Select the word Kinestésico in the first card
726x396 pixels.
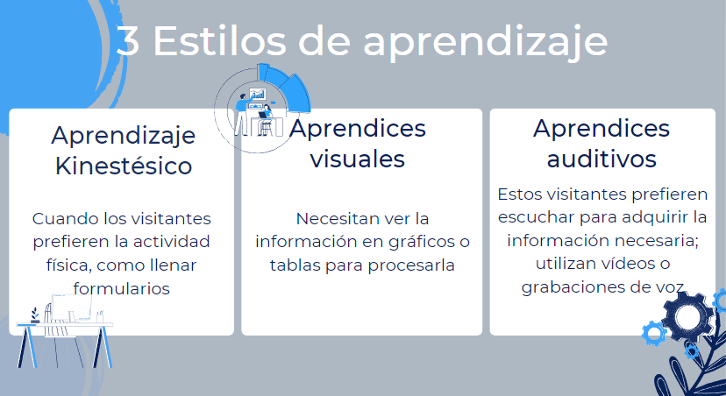tap(124, 165)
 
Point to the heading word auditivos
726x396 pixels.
tap(601, 159)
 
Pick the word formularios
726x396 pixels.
tap(121, 286)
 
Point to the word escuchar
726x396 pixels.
tap(531, 216)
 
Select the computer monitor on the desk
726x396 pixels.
tap(68, 307)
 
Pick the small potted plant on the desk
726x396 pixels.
tap(34, 315)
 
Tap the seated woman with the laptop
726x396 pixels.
tap(264, 119)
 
